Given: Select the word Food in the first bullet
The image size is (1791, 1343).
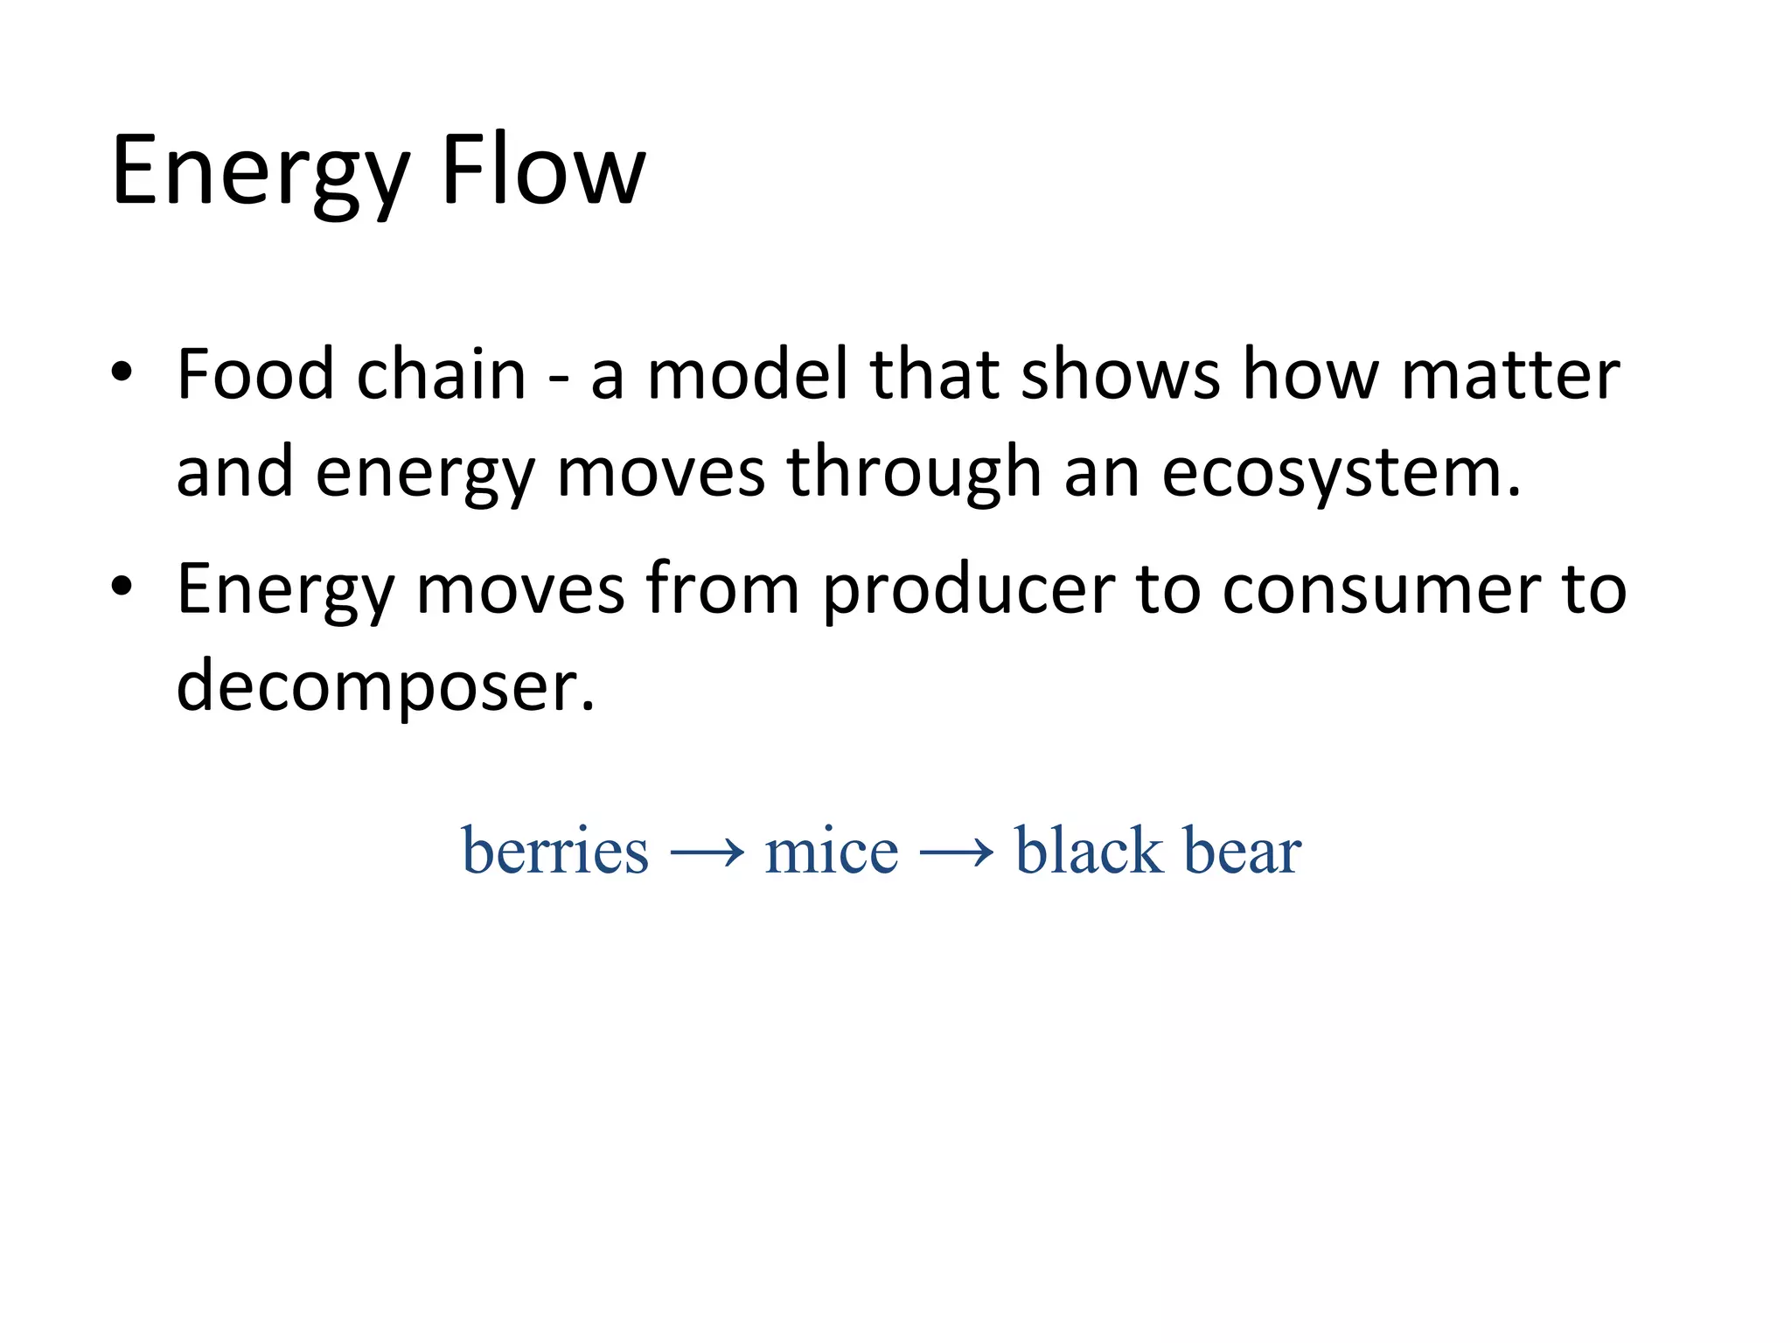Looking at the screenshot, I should coord(255,374).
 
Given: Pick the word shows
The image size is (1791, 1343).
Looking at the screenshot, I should coord(1120,374).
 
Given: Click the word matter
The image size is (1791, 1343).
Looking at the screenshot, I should coord(1510,374).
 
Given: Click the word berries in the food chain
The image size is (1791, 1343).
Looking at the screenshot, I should coord(555,850).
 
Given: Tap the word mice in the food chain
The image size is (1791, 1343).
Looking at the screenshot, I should coord(831,850).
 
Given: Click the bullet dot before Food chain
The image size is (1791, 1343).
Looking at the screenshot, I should coord(122,373).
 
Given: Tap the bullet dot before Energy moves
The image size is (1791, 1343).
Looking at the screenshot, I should coord(122,587).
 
